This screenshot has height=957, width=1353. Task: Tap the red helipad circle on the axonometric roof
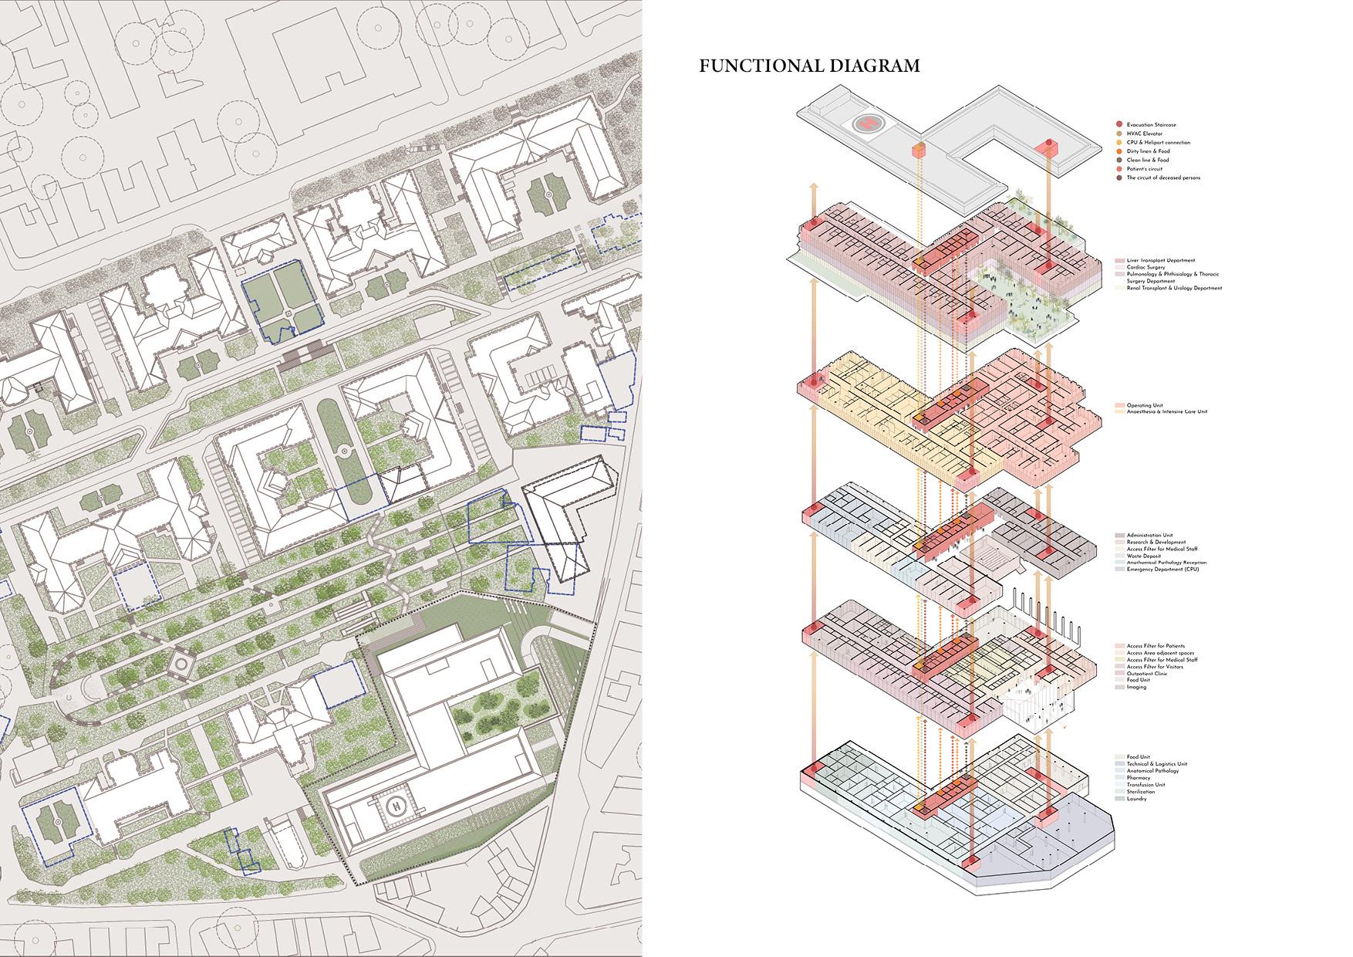point(869,122)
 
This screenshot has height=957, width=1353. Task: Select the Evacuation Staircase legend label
point(1151,125)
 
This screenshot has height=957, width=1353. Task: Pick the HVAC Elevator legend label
point(1145,134)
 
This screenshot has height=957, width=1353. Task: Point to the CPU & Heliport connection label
point(1158,143)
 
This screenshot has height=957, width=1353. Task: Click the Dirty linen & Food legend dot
point(1119,151)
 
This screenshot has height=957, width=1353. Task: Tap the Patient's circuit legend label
point(1145,169)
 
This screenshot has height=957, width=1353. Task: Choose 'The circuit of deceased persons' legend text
point(1162,178)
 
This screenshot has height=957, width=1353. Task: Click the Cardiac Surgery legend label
point(1145,268)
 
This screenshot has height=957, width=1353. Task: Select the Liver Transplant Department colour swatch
point(1119,261)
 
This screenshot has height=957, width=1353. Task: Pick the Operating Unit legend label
point(1145,405)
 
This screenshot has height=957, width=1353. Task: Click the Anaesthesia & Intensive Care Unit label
point(1166,412)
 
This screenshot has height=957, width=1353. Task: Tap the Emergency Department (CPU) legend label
point(1162,570)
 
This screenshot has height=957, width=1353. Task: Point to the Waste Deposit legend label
point(1144,556)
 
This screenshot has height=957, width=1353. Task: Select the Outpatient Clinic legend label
point(1147,674)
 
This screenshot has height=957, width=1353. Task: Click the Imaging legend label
point(1136,688)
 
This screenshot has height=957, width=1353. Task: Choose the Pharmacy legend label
point(1138,778)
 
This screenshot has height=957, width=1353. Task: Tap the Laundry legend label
point(1136,799)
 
